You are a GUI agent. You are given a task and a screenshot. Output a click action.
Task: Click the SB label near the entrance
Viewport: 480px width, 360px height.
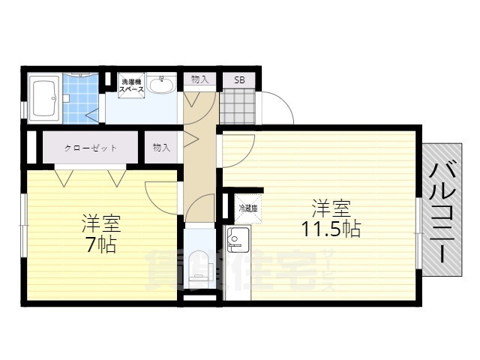click(238, 79)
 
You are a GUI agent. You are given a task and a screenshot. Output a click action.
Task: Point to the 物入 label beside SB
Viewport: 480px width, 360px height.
click(199, 79)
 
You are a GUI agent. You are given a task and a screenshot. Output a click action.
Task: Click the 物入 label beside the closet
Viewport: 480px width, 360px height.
click(161, 148)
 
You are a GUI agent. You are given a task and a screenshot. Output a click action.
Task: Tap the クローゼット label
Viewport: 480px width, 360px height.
click(90, 148)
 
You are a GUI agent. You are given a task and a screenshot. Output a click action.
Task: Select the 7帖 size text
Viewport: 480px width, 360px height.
click(100, 244)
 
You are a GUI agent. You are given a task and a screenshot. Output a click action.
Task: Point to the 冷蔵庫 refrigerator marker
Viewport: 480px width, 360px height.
click(248, 208)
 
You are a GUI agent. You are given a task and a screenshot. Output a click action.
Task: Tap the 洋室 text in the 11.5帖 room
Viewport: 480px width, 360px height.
click(331, 207)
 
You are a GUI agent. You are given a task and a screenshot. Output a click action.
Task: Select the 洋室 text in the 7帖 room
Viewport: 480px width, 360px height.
click(101, 223)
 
